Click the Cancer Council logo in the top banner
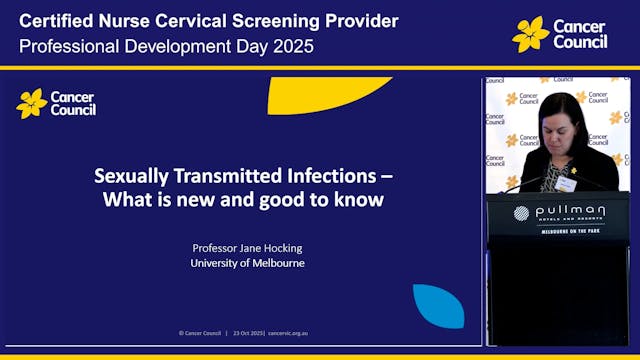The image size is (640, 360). coord(560,34)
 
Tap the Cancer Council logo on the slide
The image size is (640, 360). coord(56,103)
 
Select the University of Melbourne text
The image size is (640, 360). coord(248,263)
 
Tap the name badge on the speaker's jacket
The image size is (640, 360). coord(566,183)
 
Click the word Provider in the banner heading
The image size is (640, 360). coord(362,21)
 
